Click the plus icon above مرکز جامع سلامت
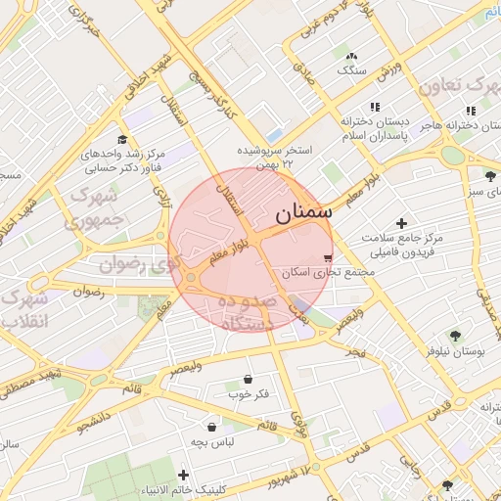point(401,223)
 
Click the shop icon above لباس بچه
point(211,426)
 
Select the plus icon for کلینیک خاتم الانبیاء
point(183,475)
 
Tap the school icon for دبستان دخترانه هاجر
point(471,111)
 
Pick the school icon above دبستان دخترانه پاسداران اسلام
point(373,107)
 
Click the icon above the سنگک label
point(351,56)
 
